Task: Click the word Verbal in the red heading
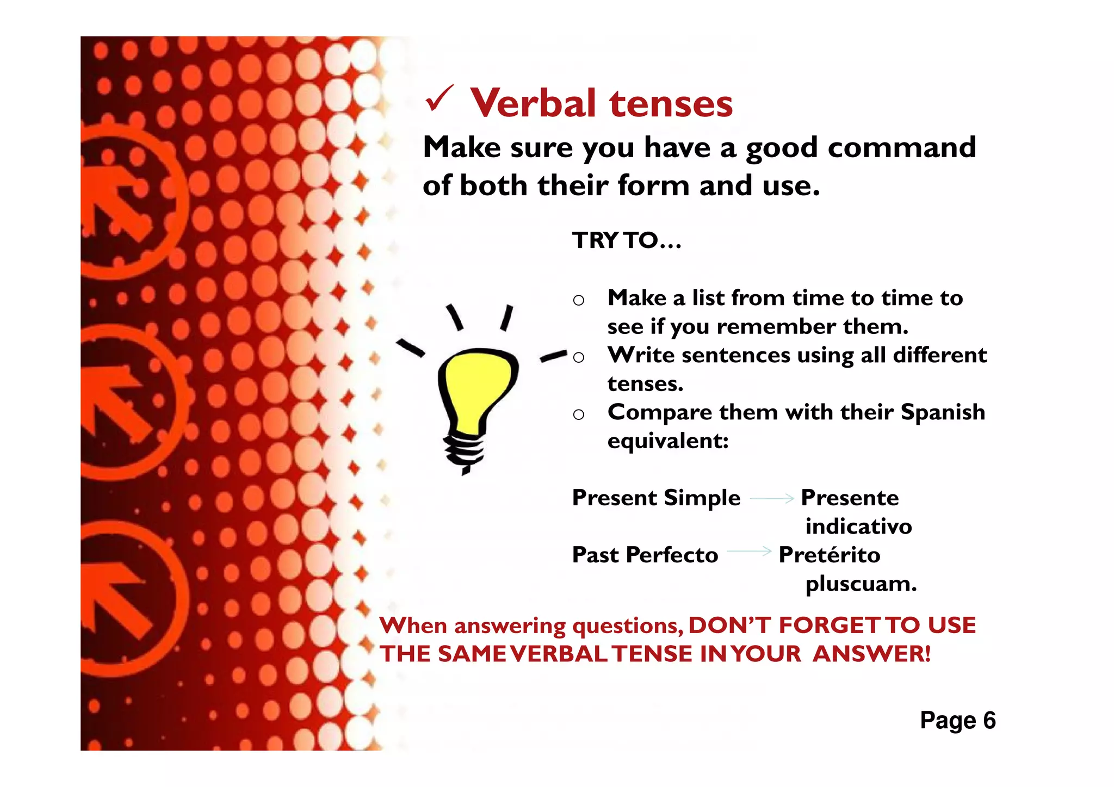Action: [533, 103]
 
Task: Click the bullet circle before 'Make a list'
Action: [579, 300]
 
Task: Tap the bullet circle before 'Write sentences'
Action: [579, 357]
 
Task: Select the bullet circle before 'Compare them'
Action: [579, 415]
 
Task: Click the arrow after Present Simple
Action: [771, 498]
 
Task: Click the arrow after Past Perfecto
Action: [749, 551]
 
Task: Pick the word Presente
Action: [850, 498]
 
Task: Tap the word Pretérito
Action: [830, 555]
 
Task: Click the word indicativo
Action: [858, 526]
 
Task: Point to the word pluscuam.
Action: [861, 584]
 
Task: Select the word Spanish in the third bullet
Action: [943, 412]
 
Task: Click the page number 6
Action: [989, 720]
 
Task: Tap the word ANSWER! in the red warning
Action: [871, 654]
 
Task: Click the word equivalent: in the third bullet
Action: [668, 441]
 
